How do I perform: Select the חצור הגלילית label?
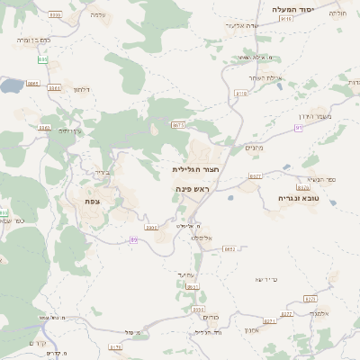196,168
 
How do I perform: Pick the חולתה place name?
337,13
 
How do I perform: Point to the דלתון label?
80,89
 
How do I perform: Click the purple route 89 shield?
133,239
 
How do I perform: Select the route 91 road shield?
298,128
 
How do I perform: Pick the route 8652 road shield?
229,248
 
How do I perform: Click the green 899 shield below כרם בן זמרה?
42,59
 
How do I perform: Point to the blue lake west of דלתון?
11,85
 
